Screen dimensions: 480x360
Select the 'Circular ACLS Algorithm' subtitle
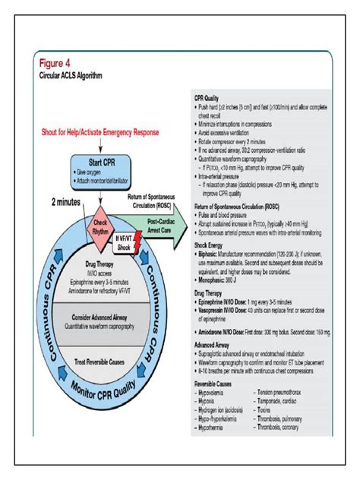click(77, 77)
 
